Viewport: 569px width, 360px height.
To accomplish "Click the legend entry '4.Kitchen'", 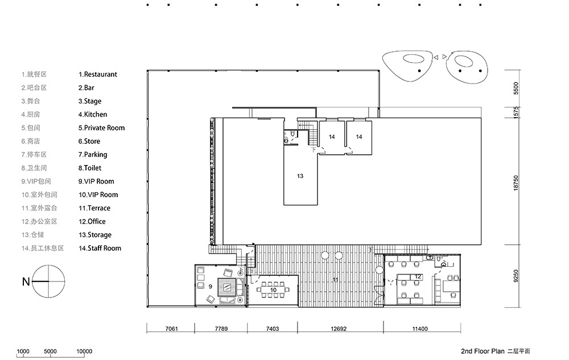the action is click(93, 114).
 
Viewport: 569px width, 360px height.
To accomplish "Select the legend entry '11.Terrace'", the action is click(94, 208).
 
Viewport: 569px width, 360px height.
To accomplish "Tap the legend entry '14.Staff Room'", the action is click(100, 249).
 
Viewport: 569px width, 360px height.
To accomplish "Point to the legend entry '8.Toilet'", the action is click(90, 168).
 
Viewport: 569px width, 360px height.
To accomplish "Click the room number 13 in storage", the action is click(300, 176).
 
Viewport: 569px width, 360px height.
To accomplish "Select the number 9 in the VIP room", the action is click(211, 287).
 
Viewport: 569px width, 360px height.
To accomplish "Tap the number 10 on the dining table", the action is click(273, 289).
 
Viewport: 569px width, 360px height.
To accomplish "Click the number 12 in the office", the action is click(418, 276).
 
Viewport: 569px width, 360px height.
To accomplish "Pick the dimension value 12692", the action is click(339, 329).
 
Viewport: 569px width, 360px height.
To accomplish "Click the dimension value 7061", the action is click(172, 329).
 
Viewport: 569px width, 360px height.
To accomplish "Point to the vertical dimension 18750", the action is click(516, 183).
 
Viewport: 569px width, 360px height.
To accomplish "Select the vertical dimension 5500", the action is click(516, 89).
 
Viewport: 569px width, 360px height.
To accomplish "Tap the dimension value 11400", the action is click(420, 329).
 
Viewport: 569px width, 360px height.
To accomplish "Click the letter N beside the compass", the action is click(26, 282).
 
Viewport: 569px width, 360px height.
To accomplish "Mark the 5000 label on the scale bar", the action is click(51, 351).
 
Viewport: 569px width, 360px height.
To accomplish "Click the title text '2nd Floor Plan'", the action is click(483, 351).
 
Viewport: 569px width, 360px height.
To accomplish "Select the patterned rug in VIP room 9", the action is click(228, 288).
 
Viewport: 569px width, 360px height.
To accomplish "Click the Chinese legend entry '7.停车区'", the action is click(34, 155).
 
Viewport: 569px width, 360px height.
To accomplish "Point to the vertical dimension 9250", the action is click(516, 276).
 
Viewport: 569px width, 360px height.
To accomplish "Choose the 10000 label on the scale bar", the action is click(84, 351).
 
